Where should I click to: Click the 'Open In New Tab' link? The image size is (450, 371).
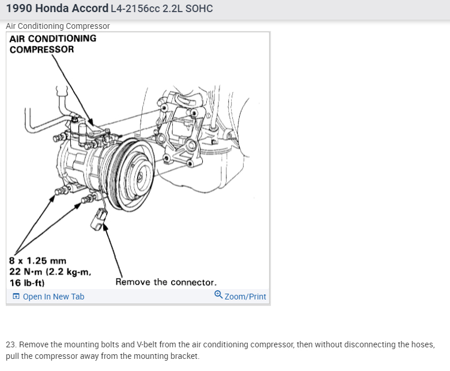pos(53,297)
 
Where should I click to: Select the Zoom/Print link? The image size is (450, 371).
pos(245,297)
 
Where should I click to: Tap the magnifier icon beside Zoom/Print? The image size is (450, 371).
pos(218,294)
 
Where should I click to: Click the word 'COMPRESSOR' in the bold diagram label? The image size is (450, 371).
pos(41,49)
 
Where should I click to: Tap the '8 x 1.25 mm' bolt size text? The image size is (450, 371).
pos(34,261)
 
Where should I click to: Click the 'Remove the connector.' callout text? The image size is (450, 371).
pos(166,282)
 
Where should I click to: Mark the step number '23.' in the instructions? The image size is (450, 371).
pos(12,344)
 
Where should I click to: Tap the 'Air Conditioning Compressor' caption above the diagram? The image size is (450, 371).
pos(58,26)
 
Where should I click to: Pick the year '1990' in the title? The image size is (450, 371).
pos(18,9)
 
